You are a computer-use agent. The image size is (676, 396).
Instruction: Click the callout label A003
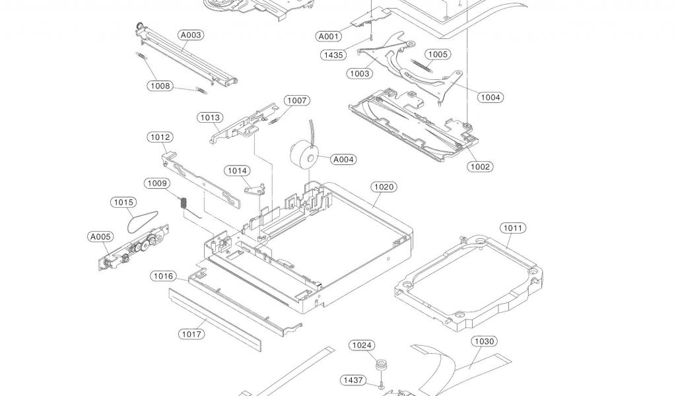coord(191,35)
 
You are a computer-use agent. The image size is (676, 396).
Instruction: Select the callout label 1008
coord(159,86)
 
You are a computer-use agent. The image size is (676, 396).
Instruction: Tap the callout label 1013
coord(210,117)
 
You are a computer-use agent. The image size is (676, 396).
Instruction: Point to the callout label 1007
coord(296,100)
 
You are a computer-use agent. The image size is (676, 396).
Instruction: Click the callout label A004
coord(343,159)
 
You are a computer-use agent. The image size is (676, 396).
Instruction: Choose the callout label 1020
coord(384,187)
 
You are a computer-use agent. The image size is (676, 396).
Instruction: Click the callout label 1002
coord(481,166)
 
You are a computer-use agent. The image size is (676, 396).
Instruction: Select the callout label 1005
coord(437,55)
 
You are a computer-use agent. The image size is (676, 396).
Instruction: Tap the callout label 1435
coord(333,55)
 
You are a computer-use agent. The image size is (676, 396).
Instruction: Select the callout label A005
coord(100,236)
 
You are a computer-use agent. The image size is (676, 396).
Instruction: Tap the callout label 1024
coord(362,345)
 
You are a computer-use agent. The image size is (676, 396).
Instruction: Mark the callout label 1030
coord(485,341)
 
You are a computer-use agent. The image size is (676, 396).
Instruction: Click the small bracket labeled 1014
coord(254,189)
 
